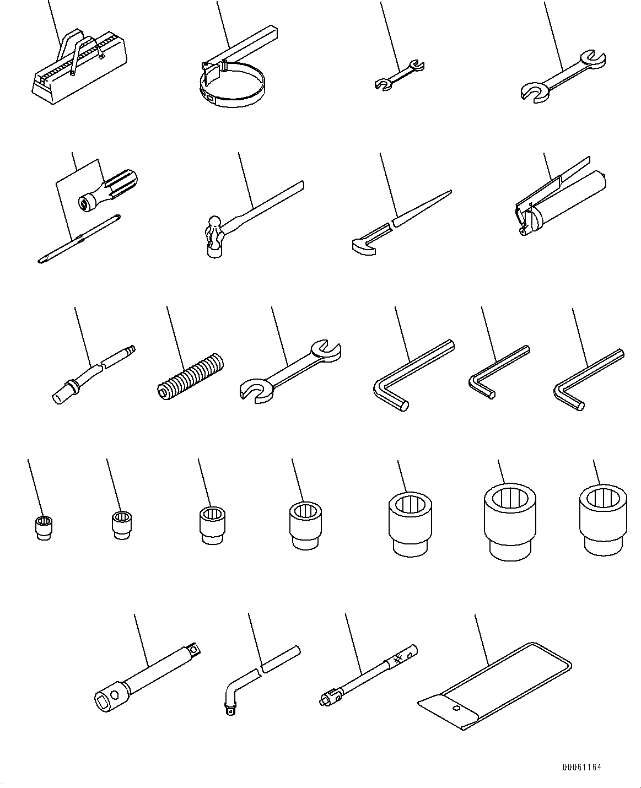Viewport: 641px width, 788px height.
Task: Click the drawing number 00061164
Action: [582, 767]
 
